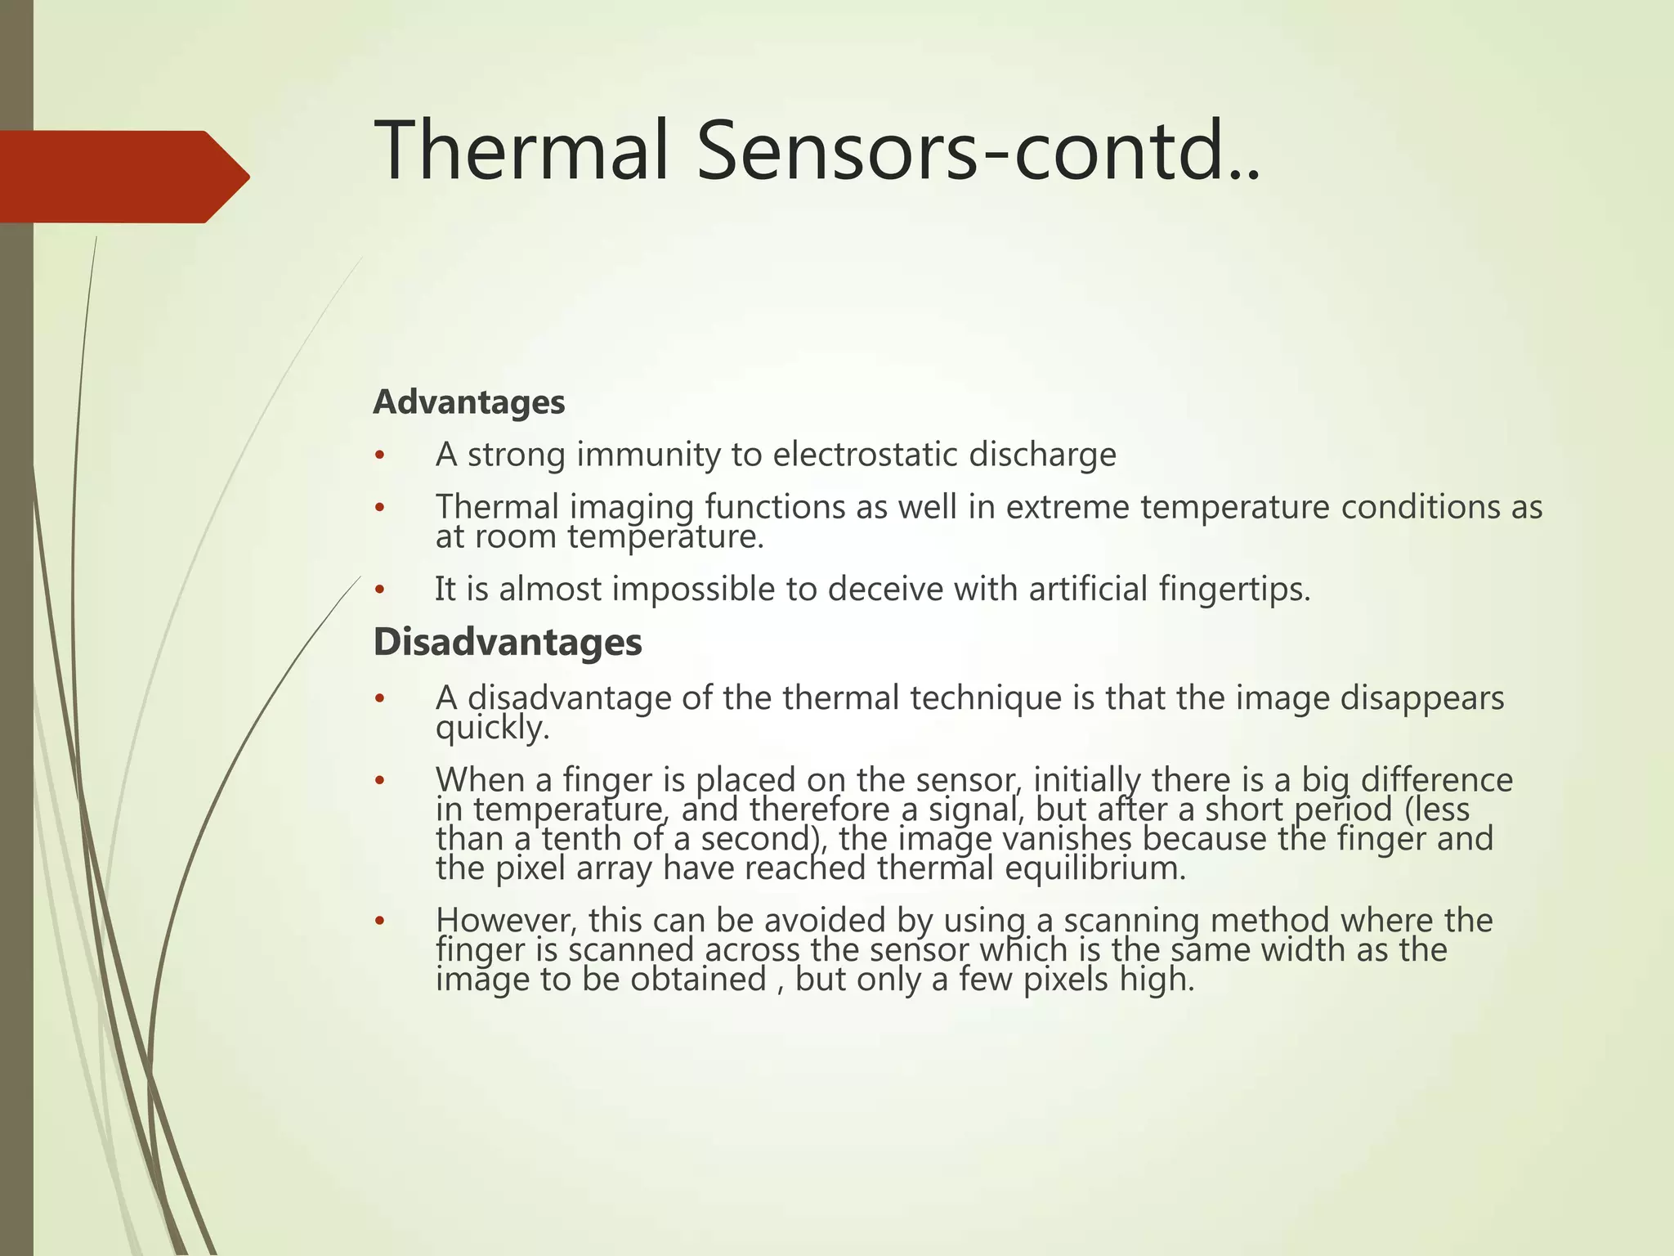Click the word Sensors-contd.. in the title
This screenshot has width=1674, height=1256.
[x=977, y=150]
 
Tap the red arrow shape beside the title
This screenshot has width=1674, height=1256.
[x=123, y=177]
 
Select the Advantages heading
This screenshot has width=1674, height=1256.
[x=468, y=402]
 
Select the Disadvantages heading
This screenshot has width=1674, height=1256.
[x=508, y=642]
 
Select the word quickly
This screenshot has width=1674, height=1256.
[x=492, y=728]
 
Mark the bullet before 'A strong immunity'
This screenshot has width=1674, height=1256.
[x=378, y=455]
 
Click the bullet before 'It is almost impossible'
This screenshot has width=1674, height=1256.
[x=378, y=590]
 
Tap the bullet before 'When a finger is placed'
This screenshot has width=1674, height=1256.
[x=378, y=781]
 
